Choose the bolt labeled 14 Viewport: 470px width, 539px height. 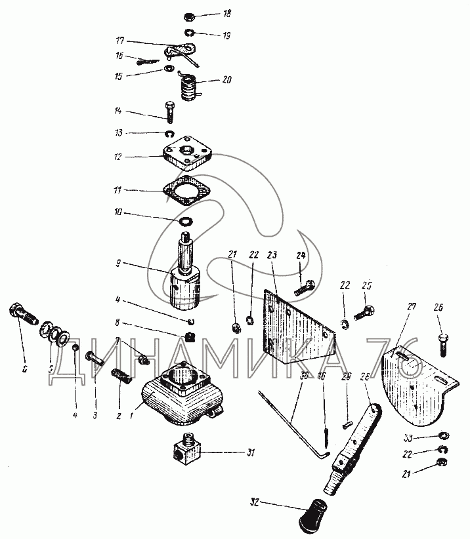[169, 112]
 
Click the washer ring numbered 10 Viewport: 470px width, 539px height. [186, 222]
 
